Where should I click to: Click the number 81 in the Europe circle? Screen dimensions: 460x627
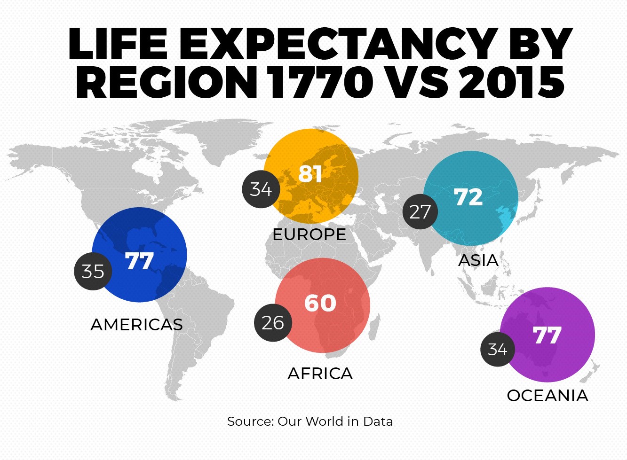[x=310, y=174]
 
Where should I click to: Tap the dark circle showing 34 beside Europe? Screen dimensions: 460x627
[x=261, y=189]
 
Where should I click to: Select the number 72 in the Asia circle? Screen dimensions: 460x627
[x=468, y=197]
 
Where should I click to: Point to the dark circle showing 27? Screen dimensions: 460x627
[x=420, y=212]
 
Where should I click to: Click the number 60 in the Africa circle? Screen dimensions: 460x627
[x=320, y=303]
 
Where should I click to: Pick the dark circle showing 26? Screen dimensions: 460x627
[x=273, y=323]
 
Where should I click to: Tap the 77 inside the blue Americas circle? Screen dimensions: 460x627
[x=140, y=261]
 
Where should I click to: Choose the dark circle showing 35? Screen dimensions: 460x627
[x=93, y=271]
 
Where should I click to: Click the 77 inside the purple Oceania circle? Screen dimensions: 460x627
[x=547, y=335]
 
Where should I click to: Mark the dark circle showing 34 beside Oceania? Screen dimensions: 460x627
[x=497, y=349]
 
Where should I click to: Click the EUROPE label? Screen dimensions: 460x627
[x=309, y=234]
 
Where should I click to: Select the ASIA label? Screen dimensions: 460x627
[x=478, y=260]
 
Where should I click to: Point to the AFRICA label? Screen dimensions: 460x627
[x=320, y=374]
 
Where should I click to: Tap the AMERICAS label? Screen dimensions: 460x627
[x=136, y=325]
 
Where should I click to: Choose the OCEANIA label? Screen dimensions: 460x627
[x=548, y=396]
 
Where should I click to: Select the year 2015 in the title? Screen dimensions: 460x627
[x=511, y=82]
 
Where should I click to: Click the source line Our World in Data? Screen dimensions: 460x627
[x=310, y=421]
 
